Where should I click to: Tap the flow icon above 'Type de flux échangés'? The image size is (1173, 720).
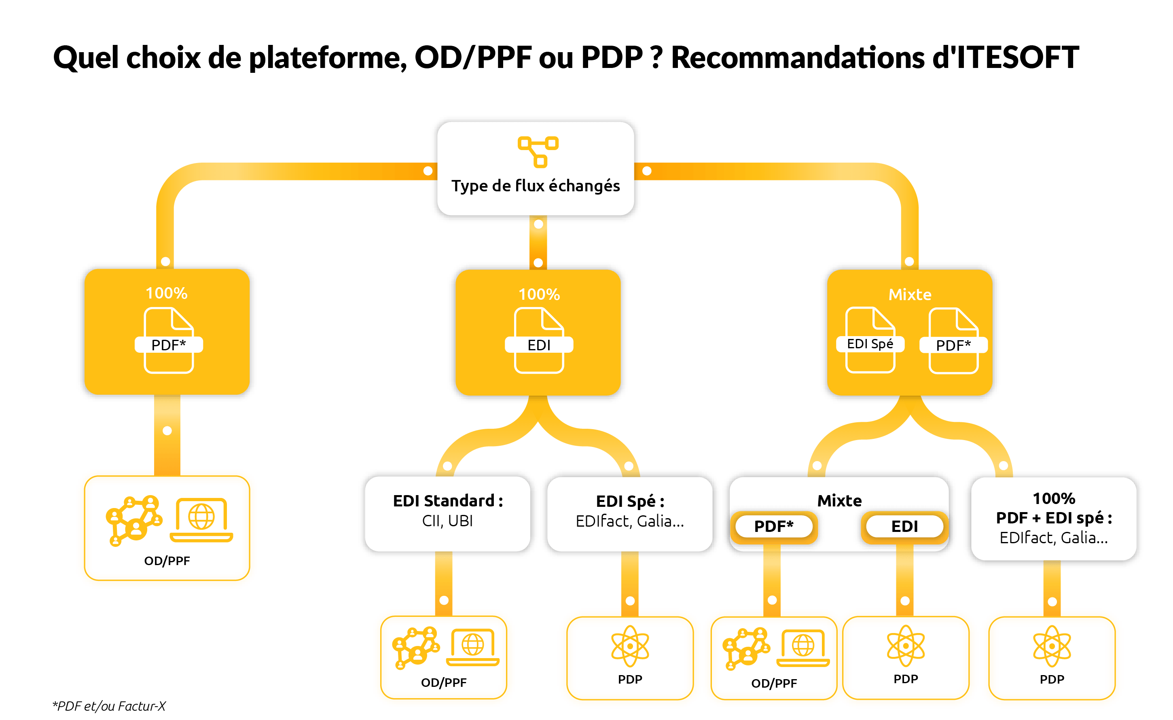tap(538, 151)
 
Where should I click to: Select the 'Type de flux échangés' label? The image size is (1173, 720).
tap(536, 186)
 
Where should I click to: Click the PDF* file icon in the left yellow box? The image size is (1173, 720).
tap(169, 341)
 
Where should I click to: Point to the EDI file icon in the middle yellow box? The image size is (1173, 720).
tap(539, 341)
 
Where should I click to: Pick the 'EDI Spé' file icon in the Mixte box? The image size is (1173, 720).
tap(870, 340)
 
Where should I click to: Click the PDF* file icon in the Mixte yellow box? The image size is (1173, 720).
tap(953, 341)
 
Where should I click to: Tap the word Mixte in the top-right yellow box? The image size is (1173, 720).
tap(910, 294)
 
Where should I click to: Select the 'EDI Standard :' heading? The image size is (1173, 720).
tap(447, 500)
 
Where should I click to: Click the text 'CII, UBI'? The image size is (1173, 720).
tap(447, 521)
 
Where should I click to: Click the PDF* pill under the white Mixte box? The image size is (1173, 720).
tap(774, 526)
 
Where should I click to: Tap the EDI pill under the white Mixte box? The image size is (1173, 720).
tap(904, 526)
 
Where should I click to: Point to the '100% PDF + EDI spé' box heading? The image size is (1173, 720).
tap(1054, 508)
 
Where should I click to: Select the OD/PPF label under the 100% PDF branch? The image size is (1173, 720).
tap(167, 561)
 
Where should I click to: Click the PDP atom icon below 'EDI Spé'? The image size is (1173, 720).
tap(630, 646)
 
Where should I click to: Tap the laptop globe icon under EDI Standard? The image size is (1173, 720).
tap(472, 647)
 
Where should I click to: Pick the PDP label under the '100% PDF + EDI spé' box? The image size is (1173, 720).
tap(1052, 679)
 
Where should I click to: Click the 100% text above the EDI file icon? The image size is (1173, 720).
tap(539, 294)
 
